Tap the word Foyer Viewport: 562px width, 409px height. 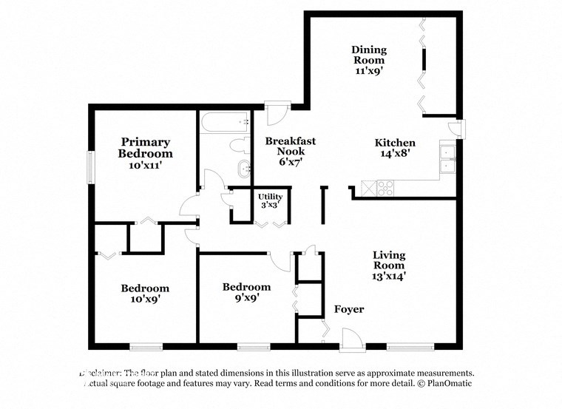pos(349,309)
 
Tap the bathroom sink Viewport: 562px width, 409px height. pos(243,169)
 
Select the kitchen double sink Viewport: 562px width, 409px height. pos(447,159)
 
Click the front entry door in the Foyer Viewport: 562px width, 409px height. pos(352,340)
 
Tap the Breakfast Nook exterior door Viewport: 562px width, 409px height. pos(277,114)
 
